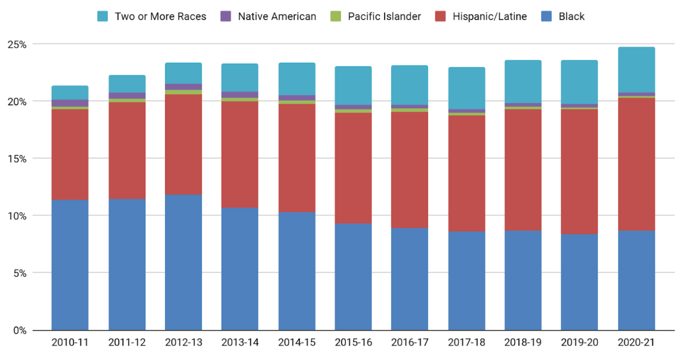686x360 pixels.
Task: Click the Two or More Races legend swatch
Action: click(x=102, y=16)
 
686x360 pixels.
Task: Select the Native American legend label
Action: click(x=277, y=16)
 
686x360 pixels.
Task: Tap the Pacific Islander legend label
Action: click(x=384, y=16)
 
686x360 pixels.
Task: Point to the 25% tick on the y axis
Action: click(x=17, y=44)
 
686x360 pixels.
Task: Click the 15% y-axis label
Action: click(x=17, y=159)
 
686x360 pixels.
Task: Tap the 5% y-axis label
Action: click(x=20, y=273)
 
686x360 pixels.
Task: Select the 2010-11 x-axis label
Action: click(x=70, y=342)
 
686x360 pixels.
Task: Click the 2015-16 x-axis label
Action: click(x=353, y=342)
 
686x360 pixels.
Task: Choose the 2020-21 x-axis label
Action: click(x=636, y=342)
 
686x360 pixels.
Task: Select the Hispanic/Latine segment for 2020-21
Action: click(x=636, y=164)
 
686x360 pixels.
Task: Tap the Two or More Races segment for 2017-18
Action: click(x=466, y=88)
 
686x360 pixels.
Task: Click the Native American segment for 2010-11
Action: click(x=70, y=103)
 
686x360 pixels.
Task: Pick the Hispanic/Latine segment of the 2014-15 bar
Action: click(x=297, y=158)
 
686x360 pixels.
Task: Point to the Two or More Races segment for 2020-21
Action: click(x=636, y=70)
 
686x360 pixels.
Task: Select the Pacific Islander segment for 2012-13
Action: click(x=183, y=92)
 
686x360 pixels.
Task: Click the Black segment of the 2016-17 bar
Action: click(x=410, y=279)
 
